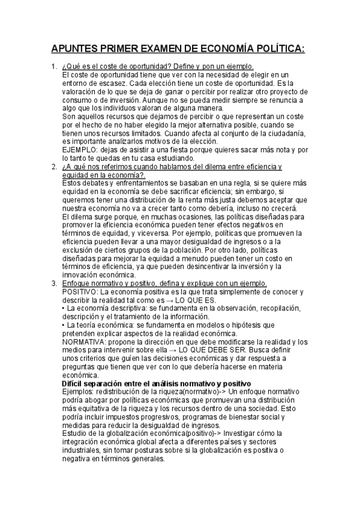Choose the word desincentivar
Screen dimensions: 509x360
click(x=199, y=267)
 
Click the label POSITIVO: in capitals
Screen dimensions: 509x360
click(x=81, y=292)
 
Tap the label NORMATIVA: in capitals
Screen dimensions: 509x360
click(x=84, y=342)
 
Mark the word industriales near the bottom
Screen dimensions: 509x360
click(x=83, y=450)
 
